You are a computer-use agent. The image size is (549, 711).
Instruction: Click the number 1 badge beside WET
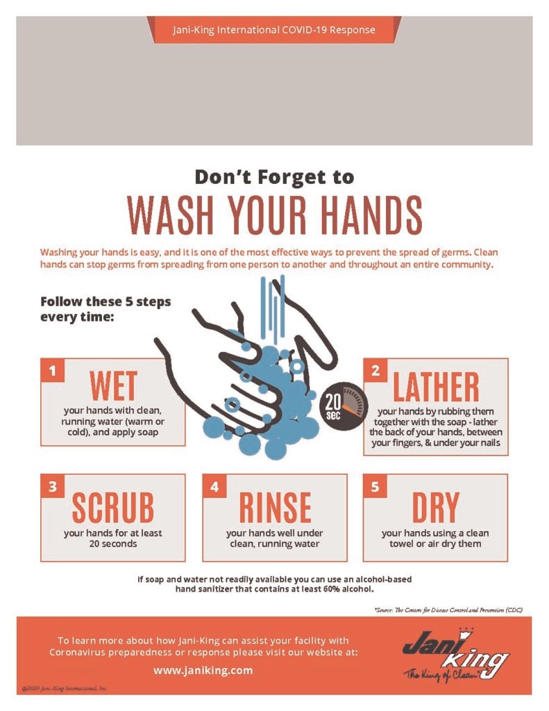point(51,370)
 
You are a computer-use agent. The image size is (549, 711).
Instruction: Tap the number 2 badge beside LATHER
point(375,370)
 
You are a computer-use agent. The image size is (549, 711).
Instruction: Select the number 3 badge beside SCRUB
point(51,486)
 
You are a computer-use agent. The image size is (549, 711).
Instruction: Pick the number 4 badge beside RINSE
point(214,486)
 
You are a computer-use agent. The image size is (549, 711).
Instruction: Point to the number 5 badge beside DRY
point(375,486)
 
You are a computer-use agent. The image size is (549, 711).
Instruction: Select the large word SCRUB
point(113,509)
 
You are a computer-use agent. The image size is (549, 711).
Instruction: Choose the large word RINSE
point(275,509)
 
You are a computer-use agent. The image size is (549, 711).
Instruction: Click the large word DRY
point(436,509)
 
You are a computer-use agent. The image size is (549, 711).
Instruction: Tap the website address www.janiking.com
point(203,670)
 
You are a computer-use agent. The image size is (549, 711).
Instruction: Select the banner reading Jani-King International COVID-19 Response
point(274,30)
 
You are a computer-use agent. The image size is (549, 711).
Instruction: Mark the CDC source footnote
point(448,609)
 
